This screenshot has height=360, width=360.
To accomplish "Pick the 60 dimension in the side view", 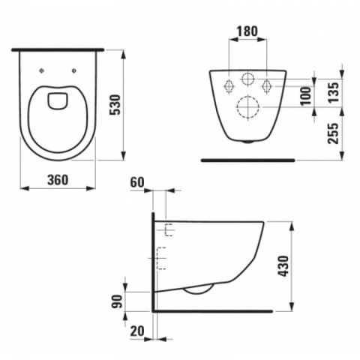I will coord(137,182).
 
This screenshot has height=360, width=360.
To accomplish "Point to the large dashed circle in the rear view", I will coord(247,109).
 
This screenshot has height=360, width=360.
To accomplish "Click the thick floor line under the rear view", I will coord(247,160).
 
